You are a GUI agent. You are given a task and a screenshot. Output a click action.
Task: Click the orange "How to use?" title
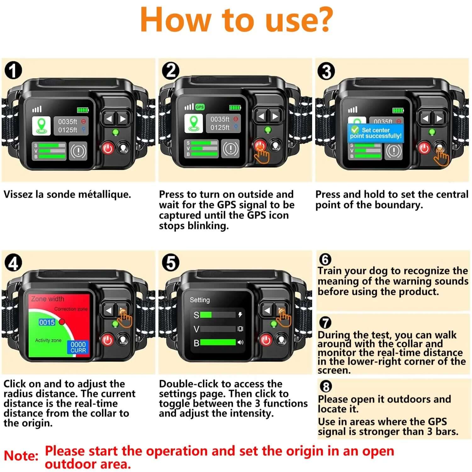click(x=236, y=20)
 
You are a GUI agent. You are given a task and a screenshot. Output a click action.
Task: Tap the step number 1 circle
click(x=13, y=71)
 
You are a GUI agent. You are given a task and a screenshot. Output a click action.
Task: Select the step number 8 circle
click(x=325, y=386)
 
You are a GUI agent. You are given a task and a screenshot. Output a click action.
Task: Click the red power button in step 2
click(x=260, y=145)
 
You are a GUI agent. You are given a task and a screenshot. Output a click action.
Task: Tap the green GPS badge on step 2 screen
click(x=200, y=107)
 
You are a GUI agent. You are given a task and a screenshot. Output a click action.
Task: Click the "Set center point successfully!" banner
click(x=375, y=133)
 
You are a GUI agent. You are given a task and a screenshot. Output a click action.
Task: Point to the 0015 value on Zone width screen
click(x=47, y=322)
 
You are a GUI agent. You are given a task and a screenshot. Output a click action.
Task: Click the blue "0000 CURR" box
click(x=78, y=347)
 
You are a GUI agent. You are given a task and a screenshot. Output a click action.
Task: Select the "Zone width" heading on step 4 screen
click(x=48, y=299)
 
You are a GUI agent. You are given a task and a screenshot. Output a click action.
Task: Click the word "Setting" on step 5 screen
click(x=199, y=300)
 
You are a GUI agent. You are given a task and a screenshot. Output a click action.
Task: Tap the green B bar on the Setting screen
click(x=218, y=342)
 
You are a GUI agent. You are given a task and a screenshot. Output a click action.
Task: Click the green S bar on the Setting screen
click(x=206, y=315)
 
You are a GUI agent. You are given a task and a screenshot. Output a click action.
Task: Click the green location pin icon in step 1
click(x=41, y=126)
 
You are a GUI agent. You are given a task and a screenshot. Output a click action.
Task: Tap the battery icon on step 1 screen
click(x=83, y=110)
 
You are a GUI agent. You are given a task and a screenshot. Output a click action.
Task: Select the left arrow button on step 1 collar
click(x=109, y=119)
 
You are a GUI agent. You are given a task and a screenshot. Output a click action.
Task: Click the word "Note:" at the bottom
click(x=21, y=456)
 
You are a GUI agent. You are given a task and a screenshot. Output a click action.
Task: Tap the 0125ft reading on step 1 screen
click(x=67, y=130)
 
